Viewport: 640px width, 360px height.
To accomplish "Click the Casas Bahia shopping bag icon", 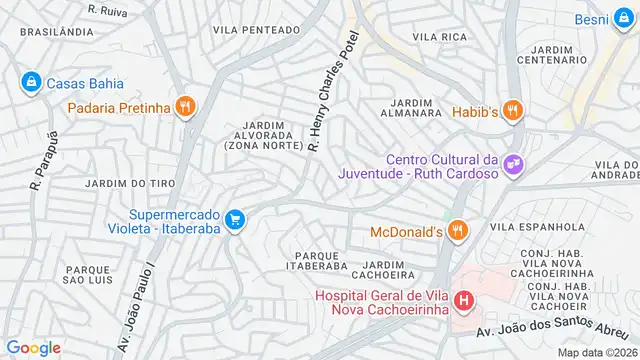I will point(31,80).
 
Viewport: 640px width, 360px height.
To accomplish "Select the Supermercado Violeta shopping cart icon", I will point(235,219).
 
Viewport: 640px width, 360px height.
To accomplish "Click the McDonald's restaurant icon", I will point(459,232).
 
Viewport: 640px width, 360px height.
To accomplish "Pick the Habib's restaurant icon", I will point(513,111).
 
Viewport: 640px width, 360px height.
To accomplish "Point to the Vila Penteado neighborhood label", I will point(256,30).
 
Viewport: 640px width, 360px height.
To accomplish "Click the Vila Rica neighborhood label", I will point(440,37).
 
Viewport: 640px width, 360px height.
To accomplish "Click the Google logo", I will point(33,347).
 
